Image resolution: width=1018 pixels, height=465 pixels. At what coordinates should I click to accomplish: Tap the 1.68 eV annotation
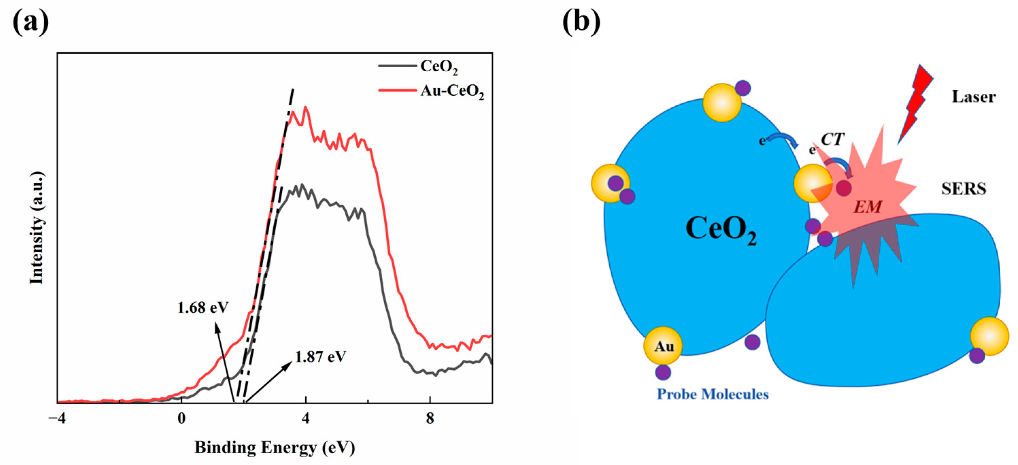pyautogui.click(x=203, y=308)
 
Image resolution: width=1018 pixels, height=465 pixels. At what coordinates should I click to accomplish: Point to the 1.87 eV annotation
pyautogui.click(x=321, y=357)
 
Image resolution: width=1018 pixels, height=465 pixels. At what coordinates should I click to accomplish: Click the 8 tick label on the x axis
pyautogui.click(x=430, y=418)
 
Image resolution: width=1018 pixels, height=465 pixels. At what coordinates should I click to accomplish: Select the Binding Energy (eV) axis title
pyautogui.click(x=275, y=448)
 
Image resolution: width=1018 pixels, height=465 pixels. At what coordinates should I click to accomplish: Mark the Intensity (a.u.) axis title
pyautogui.click(x=36, y=228)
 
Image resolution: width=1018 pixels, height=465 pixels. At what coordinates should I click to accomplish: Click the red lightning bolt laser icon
pyautogui.click(x=916, y=103)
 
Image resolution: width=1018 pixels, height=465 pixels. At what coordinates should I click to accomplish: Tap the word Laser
pyautogui.click(x=973, y=97)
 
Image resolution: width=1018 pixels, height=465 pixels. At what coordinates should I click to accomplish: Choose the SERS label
pyautogui.click(x=964, y=189)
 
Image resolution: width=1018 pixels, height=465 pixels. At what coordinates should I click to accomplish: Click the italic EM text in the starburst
pyautogui.click(x=867, y=207)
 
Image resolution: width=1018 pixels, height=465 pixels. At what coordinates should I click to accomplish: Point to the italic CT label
pyautogui.click(x=832, y=139)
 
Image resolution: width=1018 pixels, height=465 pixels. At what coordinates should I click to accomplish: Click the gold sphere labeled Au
pyautogui.click(x=663, y=346)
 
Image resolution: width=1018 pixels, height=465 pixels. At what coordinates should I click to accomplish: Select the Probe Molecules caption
pyautogui.click(x=713, y=394)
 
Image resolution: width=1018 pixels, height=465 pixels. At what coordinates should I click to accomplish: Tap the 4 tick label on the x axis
pyautogui.click(x=305, y=418)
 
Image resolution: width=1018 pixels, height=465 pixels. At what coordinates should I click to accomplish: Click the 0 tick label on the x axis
pyautogui.click(x=181, y=418)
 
